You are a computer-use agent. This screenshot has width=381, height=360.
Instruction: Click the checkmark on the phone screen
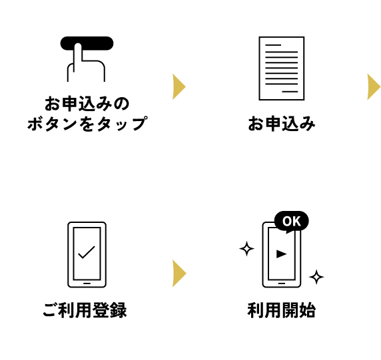coord(87,252)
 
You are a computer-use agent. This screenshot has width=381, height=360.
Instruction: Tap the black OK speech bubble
coord(292,221)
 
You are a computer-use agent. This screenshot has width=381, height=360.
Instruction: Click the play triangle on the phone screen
coord(282,254)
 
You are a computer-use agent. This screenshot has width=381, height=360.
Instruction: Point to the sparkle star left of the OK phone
coord(247,249)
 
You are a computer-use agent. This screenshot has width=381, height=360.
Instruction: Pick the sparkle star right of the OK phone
coord(316,277)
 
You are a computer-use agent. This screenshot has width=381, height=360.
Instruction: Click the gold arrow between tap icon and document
coord(179,87)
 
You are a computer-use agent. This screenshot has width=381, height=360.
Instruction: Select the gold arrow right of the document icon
coord(374,87)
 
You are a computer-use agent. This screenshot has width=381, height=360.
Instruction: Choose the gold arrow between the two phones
coord(179,273)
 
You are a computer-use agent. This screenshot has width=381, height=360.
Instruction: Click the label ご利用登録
coord(85,310)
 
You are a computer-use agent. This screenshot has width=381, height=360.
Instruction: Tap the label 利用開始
coord(282,310)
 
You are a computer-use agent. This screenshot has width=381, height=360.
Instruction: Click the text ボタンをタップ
coord(87,124)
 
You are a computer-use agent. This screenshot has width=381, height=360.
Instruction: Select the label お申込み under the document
coord(282,124)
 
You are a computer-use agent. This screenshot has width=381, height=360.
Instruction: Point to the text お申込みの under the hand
coord(87,104)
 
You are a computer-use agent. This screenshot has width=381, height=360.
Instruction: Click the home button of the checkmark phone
coord(87,283)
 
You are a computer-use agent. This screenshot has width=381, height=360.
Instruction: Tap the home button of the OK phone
coord(282,283)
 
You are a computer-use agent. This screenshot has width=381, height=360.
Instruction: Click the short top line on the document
coord(273,45)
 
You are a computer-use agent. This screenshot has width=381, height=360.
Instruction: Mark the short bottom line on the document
coord(290,92)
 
